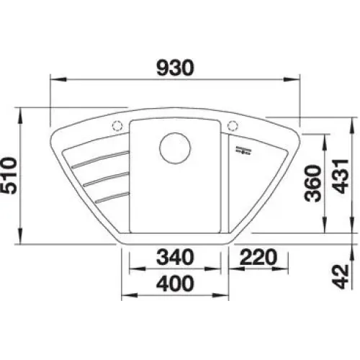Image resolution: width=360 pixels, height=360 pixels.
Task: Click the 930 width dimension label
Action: pos(174,68)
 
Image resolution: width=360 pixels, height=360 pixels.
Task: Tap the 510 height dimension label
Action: pos(9,176)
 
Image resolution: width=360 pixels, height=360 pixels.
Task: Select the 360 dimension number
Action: pos(312,183)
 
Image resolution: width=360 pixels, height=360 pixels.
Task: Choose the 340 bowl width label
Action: pos(174,257)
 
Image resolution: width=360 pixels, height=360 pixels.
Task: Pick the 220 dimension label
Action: pos(258,257)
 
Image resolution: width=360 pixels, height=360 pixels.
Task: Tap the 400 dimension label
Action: pos(174,283)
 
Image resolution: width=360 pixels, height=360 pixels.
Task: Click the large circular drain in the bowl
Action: pos(175,148)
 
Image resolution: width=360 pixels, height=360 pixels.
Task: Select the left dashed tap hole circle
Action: pos(117,125)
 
